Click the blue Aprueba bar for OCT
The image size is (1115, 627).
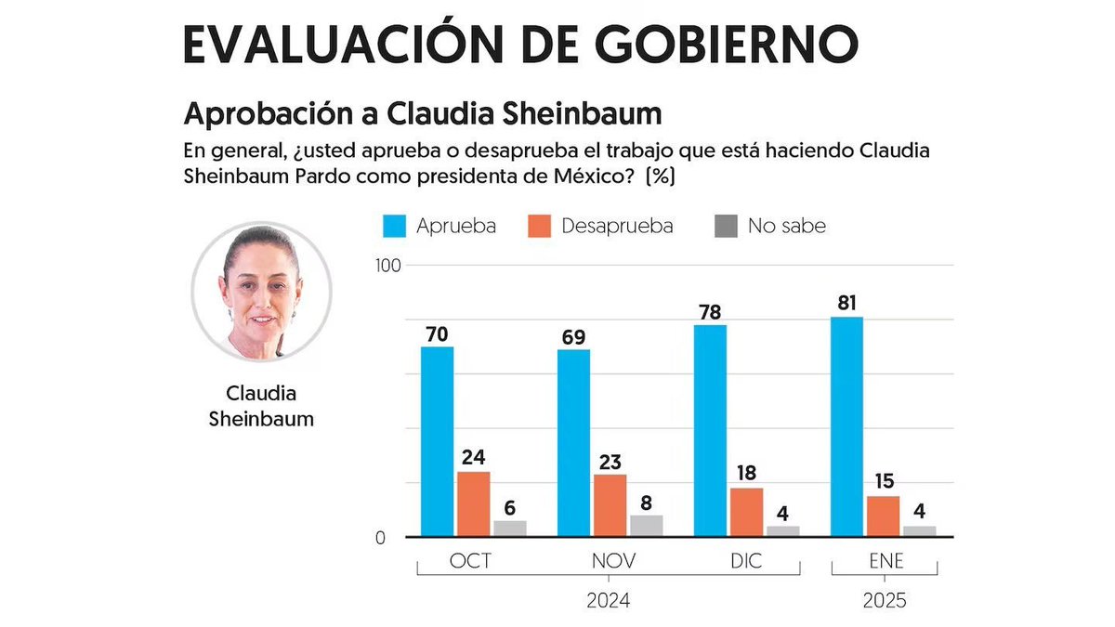click(437, 441)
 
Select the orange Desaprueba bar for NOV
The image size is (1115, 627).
click(610, 505)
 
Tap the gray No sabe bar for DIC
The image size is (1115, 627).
click(782, 531)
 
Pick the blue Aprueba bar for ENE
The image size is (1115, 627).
click(846, 426)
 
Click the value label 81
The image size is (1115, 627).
click(846, 303)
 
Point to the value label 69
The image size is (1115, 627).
click(573, 335)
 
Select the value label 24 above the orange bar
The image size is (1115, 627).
click(473, 457)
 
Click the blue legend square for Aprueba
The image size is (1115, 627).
click(393, 226)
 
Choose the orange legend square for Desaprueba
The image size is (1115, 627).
click(539, 226)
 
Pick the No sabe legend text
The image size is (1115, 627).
click(786, 226)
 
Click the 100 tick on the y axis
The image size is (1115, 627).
click(387, 266)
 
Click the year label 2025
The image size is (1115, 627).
click(883, 601)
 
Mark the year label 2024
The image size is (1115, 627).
click(609, 601)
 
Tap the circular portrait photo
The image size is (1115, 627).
click(261, 291)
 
